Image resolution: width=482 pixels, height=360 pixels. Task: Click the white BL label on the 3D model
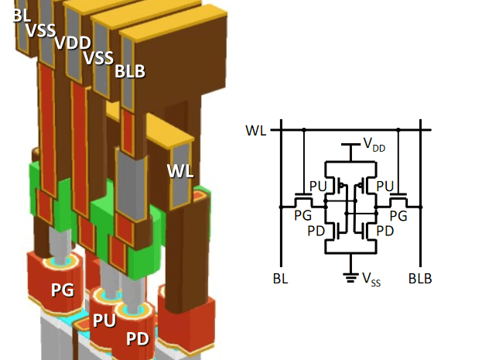[x=22, y=15]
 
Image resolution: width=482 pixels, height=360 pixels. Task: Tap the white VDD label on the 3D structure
[x=72, y=43]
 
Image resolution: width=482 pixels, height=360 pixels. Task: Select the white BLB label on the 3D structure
[x=130, y=71]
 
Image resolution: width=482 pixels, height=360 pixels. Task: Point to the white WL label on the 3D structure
[x=179, y=170]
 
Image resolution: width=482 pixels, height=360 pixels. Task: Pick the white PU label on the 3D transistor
[x=104, y=320]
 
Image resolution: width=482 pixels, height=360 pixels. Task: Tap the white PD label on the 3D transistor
[x=138, y=338]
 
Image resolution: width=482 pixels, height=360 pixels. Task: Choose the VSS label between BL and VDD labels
[x=41, y=30]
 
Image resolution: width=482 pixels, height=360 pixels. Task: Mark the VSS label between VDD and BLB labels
[x=99, y=57]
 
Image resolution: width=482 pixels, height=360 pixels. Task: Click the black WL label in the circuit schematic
[x=256, y=129]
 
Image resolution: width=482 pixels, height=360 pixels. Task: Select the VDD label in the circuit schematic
[x=373, y=145]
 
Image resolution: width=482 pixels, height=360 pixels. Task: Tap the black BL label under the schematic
[x=282, y=278]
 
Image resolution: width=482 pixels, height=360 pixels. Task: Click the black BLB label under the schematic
[x=420, y=278]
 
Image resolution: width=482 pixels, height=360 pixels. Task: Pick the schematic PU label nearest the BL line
[x=317, y=187]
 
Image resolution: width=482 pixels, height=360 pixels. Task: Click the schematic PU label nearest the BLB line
[x=385, y=187]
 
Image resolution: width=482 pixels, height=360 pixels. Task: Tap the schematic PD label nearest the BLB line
[x=385, y=231]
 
